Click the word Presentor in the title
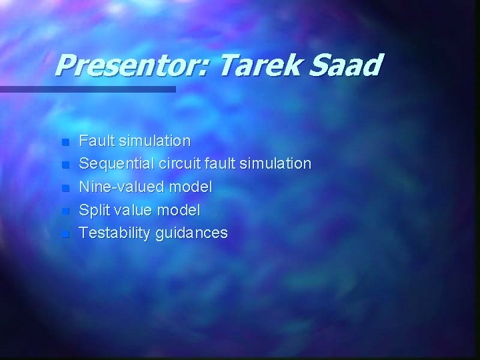tap(131, 65)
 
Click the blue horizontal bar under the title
tap(87, 89)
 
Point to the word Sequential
tap(115, 164)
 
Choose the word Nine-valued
tap(119, 187)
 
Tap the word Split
tap(94, 211)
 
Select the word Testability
tap(115, 233)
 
